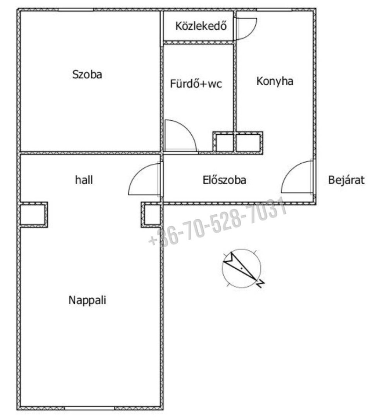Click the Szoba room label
point(87,74)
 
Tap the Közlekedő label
point(201,26)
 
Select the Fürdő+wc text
point(196,84)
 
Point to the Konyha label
point(275,81)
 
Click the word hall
point(84,180)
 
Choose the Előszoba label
point(224,180)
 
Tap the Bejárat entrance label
point(346,180)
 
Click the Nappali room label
point(87,300)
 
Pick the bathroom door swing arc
point(181,136)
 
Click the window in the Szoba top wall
point(76,10)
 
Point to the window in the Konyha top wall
point(274,10)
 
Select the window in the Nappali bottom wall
point(90,408)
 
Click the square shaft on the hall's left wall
point(34,215)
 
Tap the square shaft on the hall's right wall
point(152,215)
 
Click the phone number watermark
point(218,223)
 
